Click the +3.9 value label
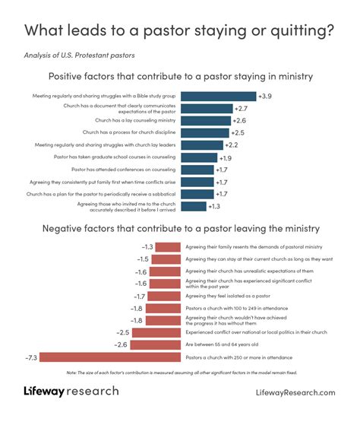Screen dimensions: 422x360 point(265,97)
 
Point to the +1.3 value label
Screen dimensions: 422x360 point(215,206)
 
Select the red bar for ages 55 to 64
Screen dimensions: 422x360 point(156,345)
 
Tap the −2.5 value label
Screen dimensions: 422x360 point(122,333)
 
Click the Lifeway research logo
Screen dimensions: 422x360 point(71,392)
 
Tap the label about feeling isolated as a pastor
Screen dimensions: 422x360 point(225,296)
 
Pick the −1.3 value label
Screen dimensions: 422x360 point(147,247)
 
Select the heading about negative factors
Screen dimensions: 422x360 point(181,229)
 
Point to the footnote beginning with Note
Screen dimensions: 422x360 point(180,372)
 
